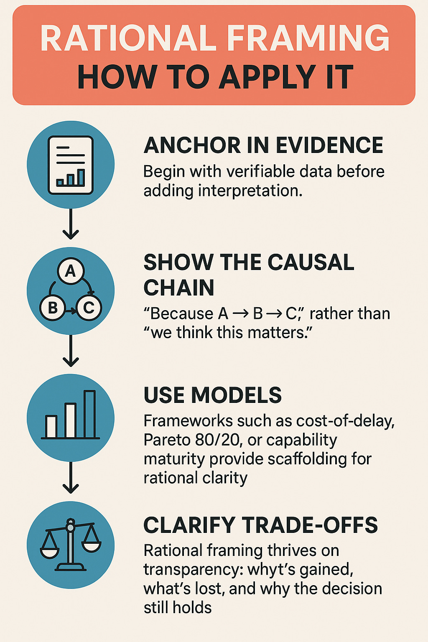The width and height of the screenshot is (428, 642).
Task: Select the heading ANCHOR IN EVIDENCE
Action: [263, 145]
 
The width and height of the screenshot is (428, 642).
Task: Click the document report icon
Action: [71, 165]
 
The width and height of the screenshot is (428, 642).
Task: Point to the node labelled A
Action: [71, 271]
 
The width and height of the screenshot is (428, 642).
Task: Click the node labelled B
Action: [53, 308]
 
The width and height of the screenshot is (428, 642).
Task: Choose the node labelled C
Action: [89, 308]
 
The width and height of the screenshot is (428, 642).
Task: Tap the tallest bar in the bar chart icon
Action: [89, 414]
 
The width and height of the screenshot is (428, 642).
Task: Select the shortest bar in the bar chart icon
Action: [51, 426]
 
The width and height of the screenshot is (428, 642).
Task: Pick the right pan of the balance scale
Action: [92, 545]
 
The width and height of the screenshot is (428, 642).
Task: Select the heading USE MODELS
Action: [213, 395]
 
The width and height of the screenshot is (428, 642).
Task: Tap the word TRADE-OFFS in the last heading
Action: [310, 525]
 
